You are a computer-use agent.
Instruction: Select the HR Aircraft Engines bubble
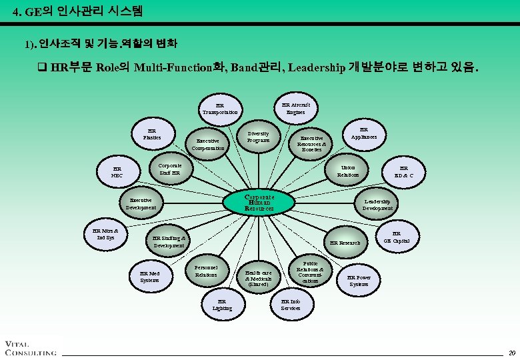tap(295, 108)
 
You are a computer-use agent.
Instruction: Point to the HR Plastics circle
tap(153, 134)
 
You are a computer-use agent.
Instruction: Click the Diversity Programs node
tap(258, 137)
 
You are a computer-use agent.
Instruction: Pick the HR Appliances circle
tap(363, 133)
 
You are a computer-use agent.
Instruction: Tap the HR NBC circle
tap(117, 173)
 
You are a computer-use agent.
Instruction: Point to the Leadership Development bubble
tap(377, 204)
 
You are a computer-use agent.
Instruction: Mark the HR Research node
tap(345, 243)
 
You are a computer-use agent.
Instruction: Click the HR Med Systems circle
tap(149, 277)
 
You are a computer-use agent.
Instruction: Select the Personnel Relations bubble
tap(206, 271)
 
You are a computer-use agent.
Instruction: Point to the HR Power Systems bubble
tap(359, 281)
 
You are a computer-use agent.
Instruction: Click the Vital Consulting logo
tap(30, 347)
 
